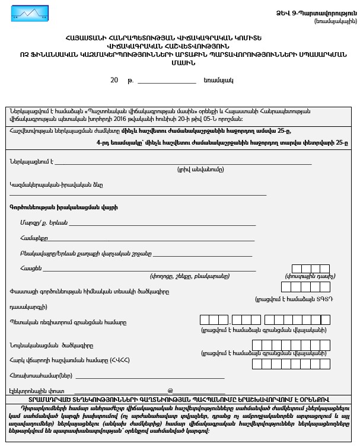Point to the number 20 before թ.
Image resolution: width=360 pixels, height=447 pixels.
pos(114,80)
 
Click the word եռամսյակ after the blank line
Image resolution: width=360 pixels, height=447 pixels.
pos(218,80)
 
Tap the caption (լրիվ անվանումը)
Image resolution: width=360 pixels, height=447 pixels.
pos(201,169)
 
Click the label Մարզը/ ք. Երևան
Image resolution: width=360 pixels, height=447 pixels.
pos(43,222)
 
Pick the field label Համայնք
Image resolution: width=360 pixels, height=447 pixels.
pos(33,238)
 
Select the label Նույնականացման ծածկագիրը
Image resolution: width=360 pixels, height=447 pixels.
pos(51,345)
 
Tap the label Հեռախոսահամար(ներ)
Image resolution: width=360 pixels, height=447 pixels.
pos(40,375)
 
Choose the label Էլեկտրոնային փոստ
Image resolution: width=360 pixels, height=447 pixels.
pos(37,391)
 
